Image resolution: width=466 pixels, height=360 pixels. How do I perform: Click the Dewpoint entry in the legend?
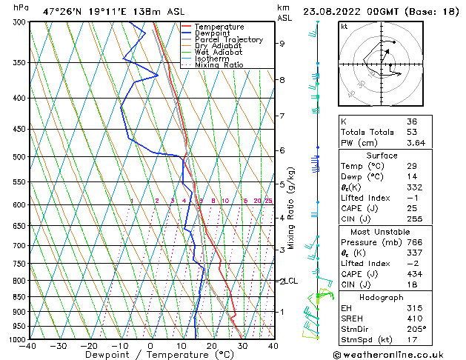[x=212, y=33]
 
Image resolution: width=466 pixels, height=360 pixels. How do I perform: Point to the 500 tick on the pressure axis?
[x=20, y=157]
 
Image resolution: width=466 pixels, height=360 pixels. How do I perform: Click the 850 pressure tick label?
[x=20, y=297]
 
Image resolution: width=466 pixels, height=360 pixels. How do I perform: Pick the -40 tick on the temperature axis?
[x=28, y=346]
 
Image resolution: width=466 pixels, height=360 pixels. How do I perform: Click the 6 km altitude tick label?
[x=282, y=150]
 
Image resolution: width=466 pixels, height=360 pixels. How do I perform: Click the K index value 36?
[x=412, y=121]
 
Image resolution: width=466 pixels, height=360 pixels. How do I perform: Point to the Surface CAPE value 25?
[x=412, y=208]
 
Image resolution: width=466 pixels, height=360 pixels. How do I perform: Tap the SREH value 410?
[x=414, y=319]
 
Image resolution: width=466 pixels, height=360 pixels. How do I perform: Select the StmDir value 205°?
[x=416, y=329]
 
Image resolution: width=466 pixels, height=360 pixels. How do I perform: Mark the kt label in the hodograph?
[x=344, y=26]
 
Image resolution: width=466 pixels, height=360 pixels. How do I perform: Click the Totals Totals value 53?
[x=412, y=132]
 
